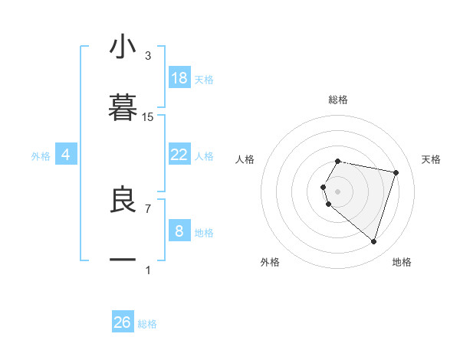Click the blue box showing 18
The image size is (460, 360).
(x=179, y=78)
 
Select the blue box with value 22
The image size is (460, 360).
(x=179, y=155)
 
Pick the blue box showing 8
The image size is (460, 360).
(x=179, y=231)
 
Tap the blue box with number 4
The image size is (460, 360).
(x=66, y=155)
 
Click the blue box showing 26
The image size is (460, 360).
(x=123, y=322)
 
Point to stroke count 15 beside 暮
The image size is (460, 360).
(x=148, y=117)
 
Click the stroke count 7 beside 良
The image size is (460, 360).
(x=148, y=208)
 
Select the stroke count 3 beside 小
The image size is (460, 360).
(x=148, y=56)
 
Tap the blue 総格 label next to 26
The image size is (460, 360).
(x=148, y=324)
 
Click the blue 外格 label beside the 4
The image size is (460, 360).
(x=41, y=156)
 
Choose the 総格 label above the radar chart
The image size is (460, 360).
(x=338, y=100)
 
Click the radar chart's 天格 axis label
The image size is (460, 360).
(x=431, y=159)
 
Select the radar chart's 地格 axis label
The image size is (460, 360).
(x=402, y=262)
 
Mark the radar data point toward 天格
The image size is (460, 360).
(x=396, y=173)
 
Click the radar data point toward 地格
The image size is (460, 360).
(x=373, y=241)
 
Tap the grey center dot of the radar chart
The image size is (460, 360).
(x=338, y=191)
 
